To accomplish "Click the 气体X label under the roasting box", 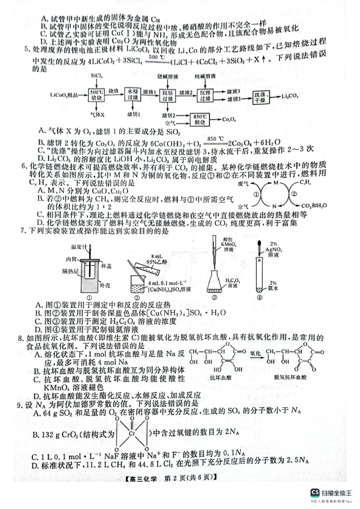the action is click(x=97, y=115).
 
